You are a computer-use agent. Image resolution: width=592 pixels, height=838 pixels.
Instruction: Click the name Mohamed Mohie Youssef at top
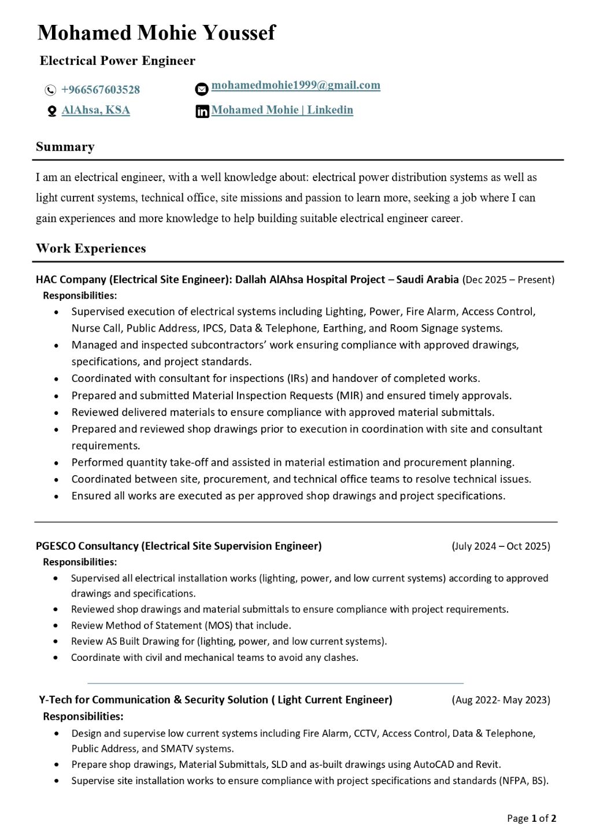coord(156,33)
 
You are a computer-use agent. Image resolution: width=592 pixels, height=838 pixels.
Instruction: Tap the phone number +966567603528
coord(101,90)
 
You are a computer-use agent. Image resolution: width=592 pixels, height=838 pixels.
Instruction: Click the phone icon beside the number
coord(50,90)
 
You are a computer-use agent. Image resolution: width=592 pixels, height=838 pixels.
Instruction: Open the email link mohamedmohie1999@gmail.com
coord(295,85)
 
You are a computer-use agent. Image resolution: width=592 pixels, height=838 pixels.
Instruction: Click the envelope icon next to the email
coord(201,89)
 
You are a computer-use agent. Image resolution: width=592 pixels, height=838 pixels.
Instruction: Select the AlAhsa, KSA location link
coord(96,110)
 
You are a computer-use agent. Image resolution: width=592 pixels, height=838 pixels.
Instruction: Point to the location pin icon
coord(52,111)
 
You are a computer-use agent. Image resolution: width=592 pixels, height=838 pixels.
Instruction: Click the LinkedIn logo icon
coord(202,112)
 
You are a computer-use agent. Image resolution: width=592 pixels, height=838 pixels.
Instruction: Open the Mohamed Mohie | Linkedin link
coord(282,110)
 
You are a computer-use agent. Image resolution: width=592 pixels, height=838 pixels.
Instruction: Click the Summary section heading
coord(65,147)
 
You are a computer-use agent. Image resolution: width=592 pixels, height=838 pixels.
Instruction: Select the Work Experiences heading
coord(91,249)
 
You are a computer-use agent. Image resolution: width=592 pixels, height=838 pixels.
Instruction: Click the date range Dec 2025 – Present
coord(508,280)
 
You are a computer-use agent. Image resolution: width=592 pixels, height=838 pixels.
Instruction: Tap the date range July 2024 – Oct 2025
coord(501,546)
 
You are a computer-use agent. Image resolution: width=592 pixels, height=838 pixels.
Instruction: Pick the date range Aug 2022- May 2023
coord(501,700)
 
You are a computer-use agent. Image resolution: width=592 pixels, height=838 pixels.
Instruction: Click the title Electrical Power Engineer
coord(117,61)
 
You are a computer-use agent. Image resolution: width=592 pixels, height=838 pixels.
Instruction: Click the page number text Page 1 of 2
coord(531,818)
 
